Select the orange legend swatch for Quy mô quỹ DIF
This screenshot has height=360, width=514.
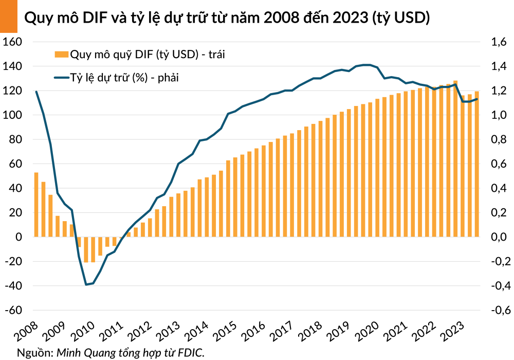61,54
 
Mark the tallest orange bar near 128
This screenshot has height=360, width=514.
455,158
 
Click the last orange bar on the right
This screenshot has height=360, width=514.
476,164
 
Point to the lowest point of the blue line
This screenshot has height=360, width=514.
86,284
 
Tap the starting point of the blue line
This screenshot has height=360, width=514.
36,92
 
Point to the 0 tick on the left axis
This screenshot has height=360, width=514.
18,237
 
